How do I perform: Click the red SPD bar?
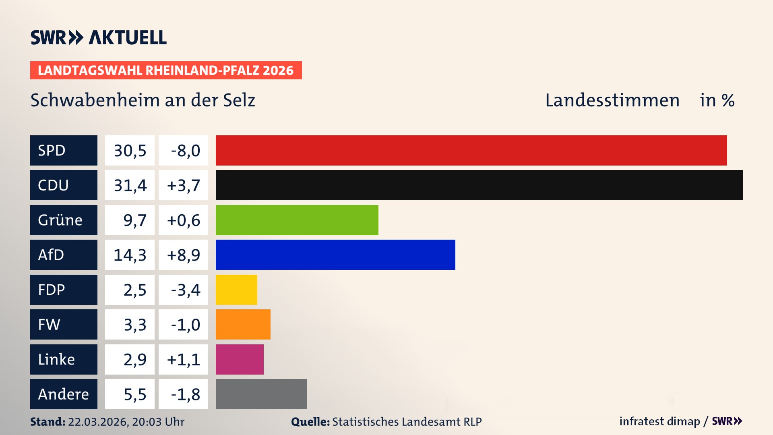point(471,150)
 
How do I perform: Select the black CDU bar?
point(479,185)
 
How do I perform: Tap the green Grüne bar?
point(297,220)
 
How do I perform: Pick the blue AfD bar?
point(335,255)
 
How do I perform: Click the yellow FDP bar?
point(236,290)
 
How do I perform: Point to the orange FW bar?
point(243,324)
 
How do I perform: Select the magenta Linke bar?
point(240,359)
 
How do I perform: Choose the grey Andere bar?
point(261,394)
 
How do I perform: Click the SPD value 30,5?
point(130,151)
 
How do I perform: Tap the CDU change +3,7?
point(183,185)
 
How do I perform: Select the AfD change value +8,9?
point(183,255)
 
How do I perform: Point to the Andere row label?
point(64,394)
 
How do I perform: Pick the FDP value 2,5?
point(134,290)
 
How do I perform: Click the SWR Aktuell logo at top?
point(99,37)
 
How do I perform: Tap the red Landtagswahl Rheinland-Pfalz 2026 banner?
point(166,70)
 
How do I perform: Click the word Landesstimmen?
point(612,100)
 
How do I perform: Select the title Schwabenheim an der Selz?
point(143,100)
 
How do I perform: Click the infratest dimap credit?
point(659,421)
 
